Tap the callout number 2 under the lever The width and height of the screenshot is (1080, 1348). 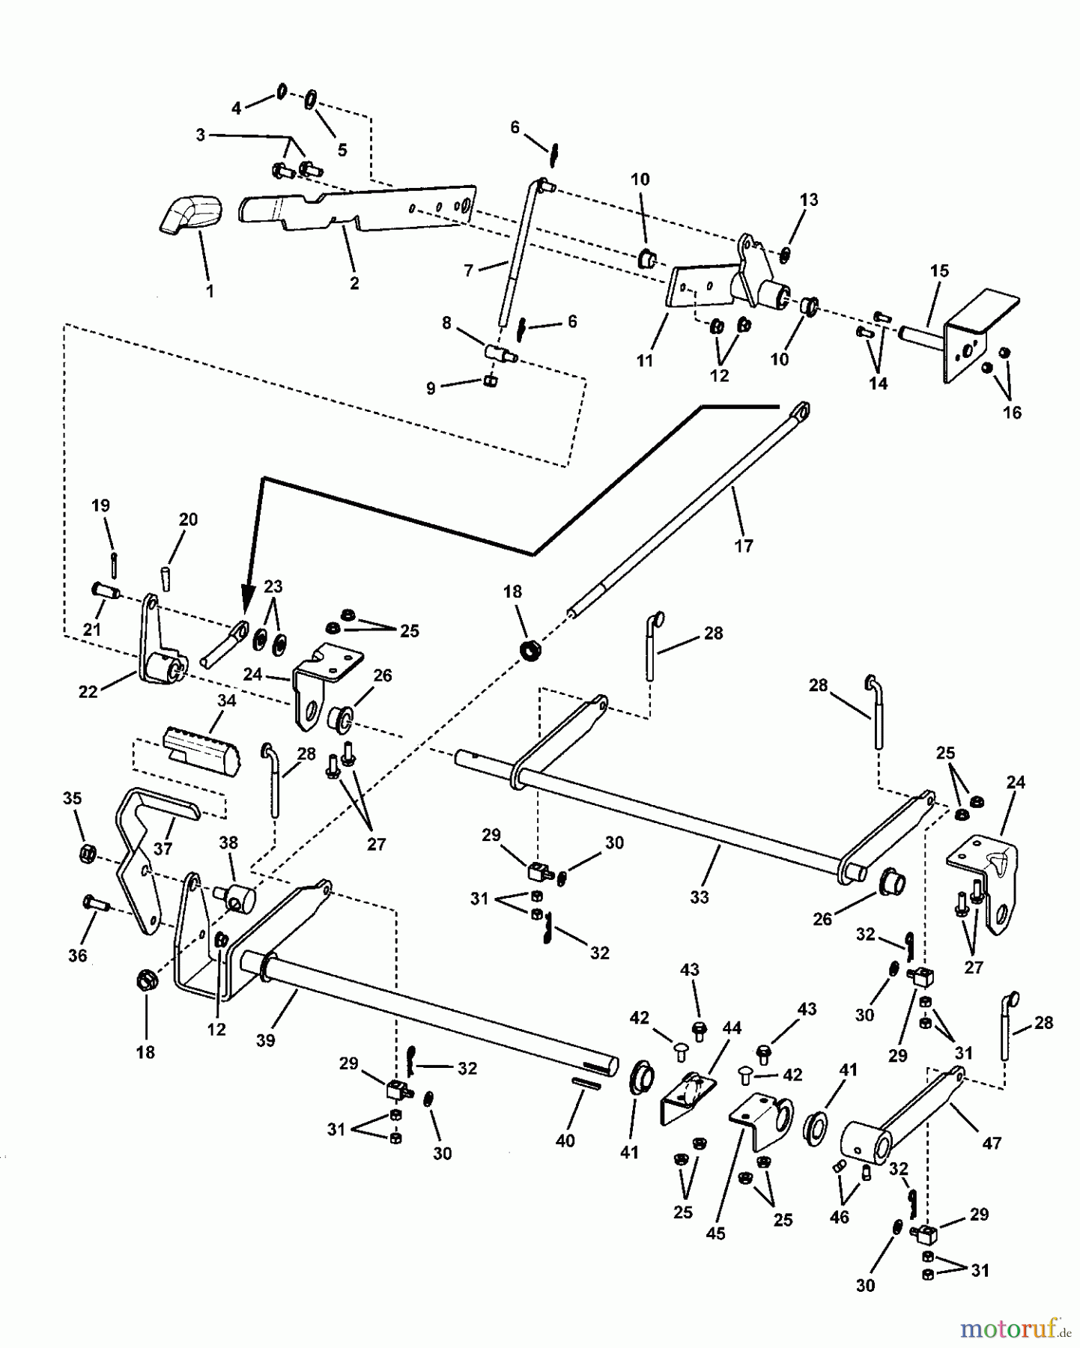(354, 283)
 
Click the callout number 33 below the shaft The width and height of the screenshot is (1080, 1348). (699, 896)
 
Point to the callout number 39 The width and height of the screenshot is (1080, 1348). (265, 1040)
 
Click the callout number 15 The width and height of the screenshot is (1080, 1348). (939, 270)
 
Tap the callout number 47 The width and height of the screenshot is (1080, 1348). (992, 1144)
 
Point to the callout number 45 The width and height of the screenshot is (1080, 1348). (716, 1233)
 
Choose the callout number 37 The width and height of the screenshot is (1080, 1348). (163, 848)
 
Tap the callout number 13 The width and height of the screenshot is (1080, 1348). (809, 200)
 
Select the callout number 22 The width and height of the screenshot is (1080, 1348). (88, 691)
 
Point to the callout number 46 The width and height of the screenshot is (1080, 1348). (840, 1217)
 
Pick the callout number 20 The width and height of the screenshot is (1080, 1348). (188, 519)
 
